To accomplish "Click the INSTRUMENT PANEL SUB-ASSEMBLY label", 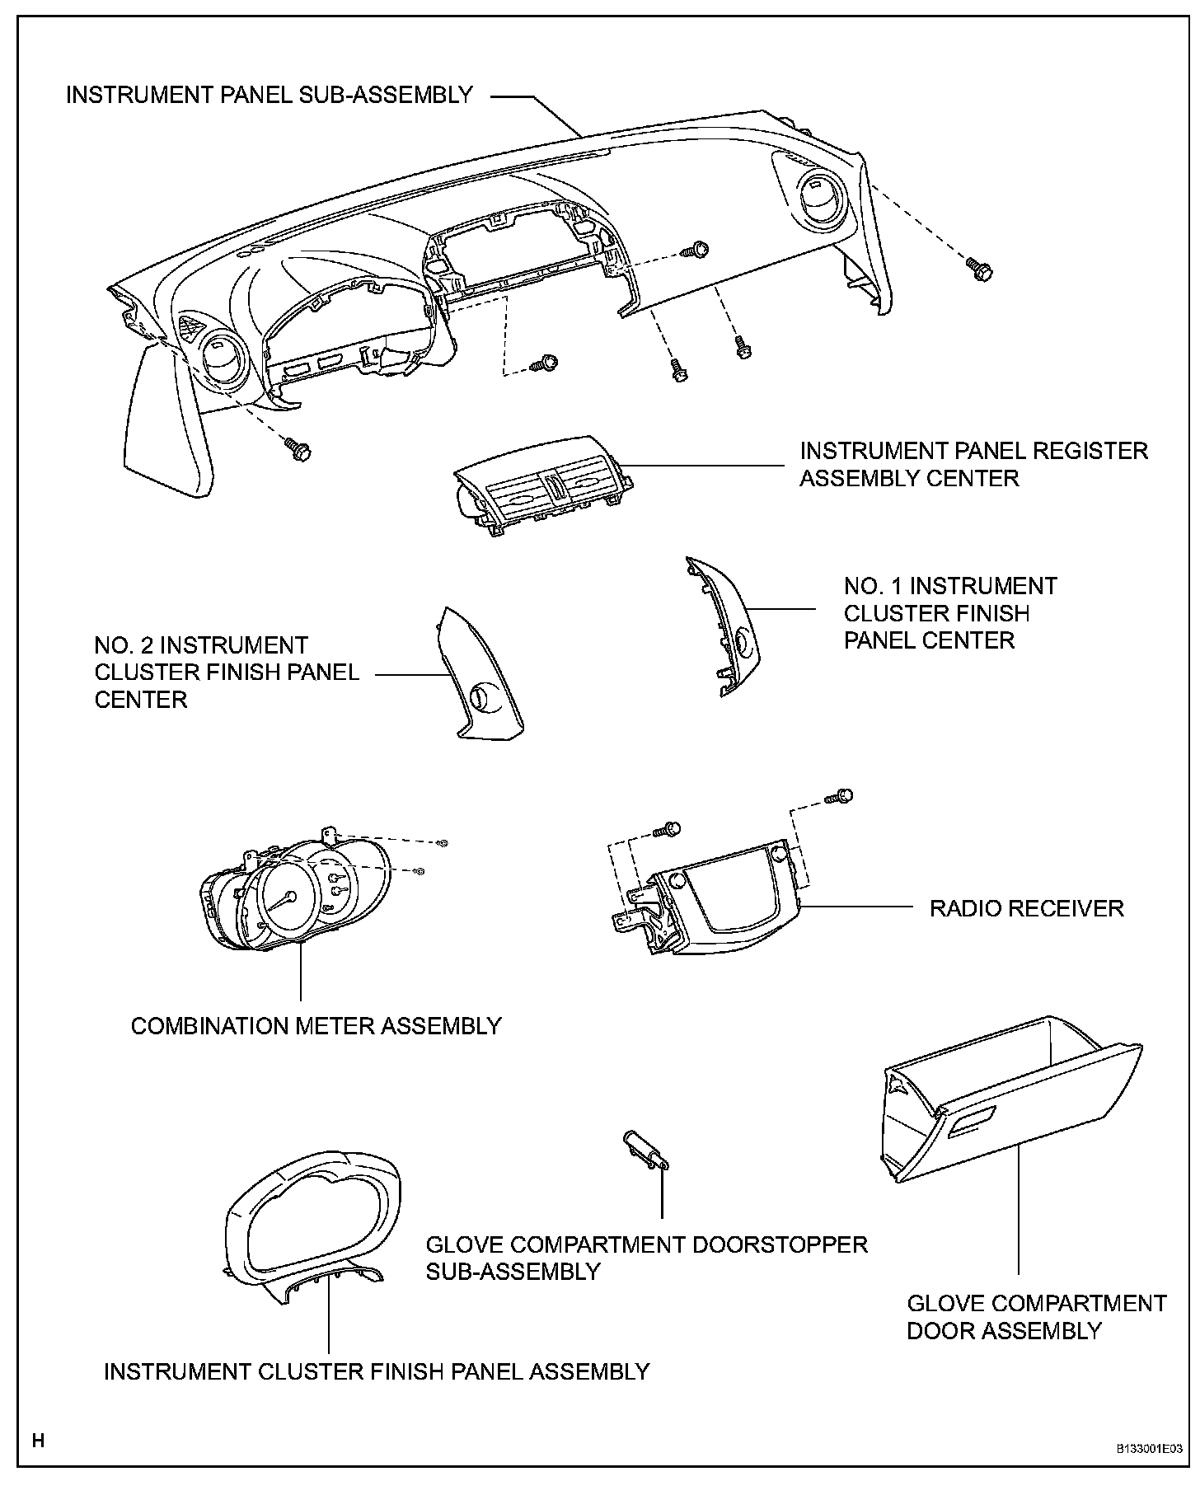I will (269, 95).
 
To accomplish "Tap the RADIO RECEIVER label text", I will (1026, 908).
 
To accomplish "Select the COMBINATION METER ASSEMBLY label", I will (316, 1026).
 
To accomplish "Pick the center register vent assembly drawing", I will (544, 487).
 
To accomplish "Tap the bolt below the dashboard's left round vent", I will (298, 449).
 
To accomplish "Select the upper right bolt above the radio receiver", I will (841, 797).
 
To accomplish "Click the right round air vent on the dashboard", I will (818, 199).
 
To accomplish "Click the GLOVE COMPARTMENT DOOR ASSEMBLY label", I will (1036, 1317).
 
